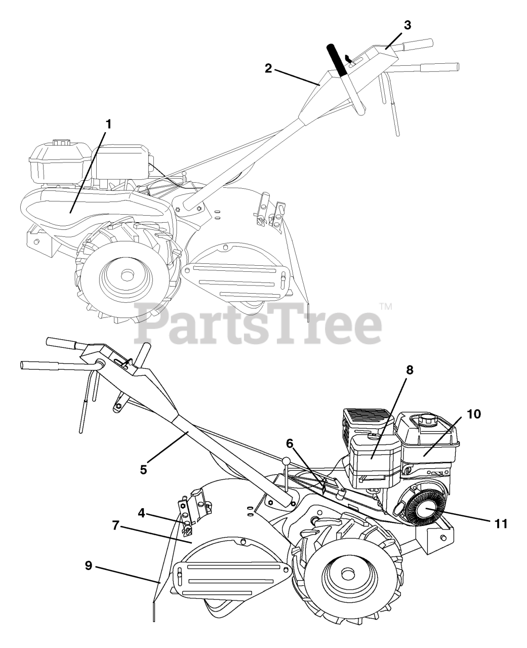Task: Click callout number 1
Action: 108,124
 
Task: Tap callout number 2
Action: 269,69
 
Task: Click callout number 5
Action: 144,469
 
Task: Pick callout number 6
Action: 290,443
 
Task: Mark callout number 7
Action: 116,525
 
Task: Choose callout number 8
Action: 409,370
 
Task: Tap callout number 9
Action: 89,565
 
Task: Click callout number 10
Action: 473,414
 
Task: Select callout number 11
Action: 501,523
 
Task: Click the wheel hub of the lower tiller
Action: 347,574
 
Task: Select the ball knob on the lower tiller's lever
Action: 287,461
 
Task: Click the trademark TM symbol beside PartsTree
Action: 386,306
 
